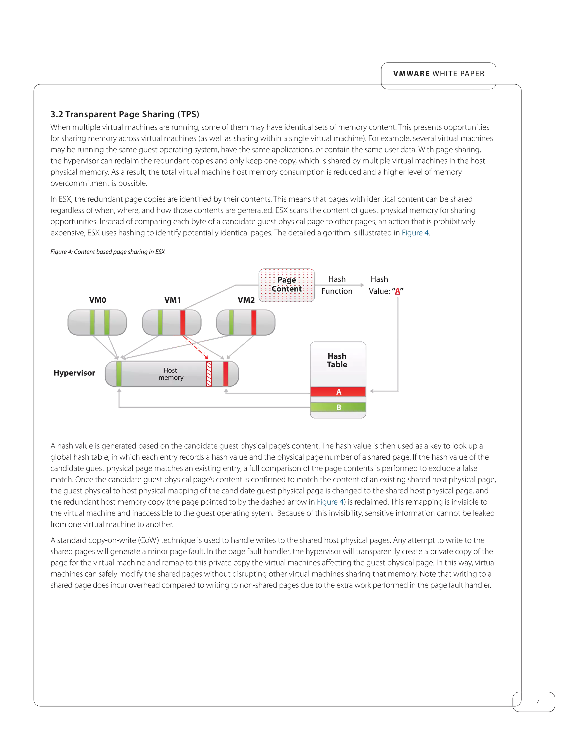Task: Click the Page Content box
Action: point(287,285)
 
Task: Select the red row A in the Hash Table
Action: point(338,392)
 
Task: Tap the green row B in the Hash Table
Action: point(338,407)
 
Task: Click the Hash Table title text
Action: point(337,360)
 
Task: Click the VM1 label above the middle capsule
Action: point(173,300)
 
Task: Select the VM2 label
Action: point(246,300)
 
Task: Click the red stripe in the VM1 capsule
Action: point(182,322)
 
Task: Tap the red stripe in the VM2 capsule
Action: point(254,322)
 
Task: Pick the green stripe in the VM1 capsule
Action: point(160,322)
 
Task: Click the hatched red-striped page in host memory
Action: point(209,374)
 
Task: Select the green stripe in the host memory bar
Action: point(119,374)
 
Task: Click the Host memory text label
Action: point(171,374)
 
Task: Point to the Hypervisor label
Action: point(74,373)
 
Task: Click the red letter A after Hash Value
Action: point(397,291)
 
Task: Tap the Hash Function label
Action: point(337,285)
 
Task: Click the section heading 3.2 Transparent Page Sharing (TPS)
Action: point(124,114)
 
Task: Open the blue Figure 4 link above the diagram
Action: point(415,233)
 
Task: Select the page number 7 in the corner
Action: point(537,701)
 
